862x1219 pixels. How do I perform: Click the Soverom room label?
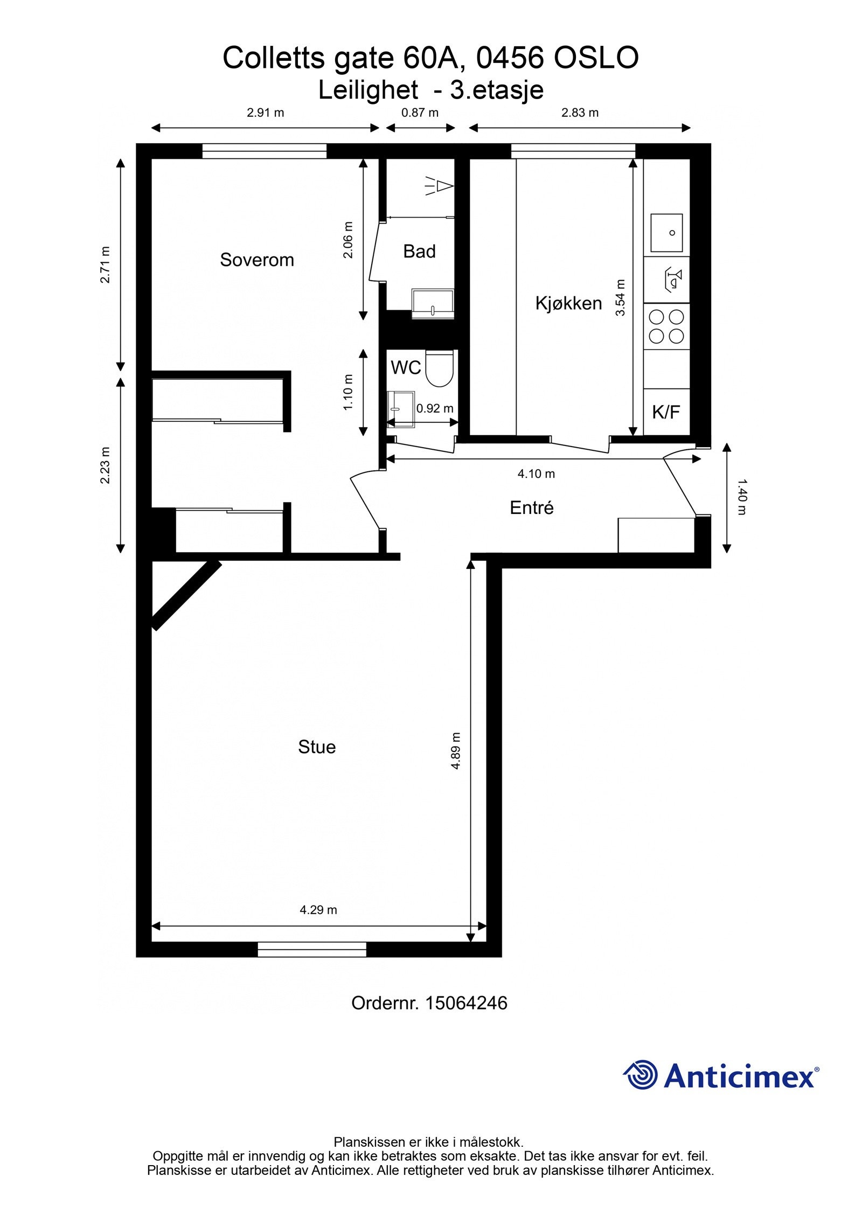(x=256, y=260)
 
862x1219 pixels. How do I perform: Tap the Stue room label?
(x=316, y=747)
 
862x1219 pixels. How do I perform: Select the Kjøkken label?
(x=568, y=303)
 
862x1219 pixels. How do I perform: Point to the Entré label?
(x=531, y=507)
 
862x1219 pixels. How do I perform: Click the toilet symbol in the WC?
(x=439, y=368)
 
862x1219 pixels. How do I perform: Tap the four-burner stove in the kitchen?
(x=666, y=326)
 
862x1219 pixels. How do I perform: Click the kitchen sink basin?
(x=666, y=233)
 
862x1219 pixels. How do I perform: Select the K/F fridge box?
(x=666, y=412)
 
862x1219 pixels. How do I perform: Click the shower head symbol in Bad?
(x=440, y=186)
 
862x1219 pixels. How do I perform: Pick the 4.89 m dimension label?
(x=455, y=750)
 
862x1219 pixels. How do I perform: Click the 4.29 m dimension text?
(x=318, y=910)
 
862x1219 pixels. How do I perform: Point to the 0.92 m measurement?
(x=434, y=408)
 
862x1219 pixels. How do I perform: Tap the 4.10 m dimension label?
(x=536, y=473)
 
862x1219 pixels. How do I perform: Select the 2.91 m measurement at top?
(x=265, y=113)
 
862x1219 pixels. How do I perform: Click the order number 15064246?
(x=466, y=1003)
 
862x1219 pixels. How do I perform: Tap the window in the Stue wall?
(x=311, y=949)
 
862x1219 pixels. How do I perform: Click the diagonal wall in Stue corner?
(x=186, y=595)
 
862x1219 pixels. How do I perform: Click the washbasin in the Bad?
(x=433, y=303)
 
